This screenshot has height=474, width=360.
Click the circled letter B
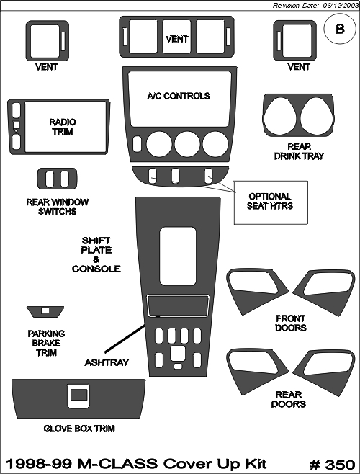coord(339,29)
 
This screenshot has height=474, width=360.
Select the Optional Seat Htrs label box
coord(271,202)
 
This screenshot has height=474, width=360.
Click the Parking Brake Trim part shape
coord(45,311)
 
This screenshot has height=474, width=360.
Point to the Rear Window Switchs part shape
coord(57,179)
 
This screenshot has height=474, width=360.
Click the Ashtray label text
coord(107,362)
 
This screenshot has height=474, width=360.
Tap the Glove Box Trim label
coord(79,429)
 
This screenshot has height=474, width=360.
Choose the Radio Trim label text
coord(63,127)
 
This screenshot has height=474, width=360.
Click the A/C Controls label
coord(179,96)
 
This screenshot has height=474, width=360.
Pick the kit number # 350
coord(332,465)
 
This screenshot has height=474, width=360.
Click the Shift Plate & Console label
coord(96,255)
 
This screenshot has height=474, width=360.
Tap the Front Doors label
coord(291,323)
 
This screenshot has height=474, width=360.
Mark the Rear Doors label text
coord(289,399)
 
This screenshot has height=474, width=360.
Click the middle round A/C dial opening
coord(187,143)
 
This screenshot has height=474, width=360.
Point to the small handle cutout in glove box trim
coord(78,395)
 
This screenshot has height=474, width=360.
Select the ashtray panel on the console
coord(177,305)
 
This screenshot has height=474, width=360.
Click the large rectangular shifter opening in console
coord(177,256)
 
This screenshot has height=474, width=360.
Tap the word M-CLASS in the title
coord(117,464)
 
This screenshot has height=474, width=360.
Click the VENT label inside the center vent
coord(177,39)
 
